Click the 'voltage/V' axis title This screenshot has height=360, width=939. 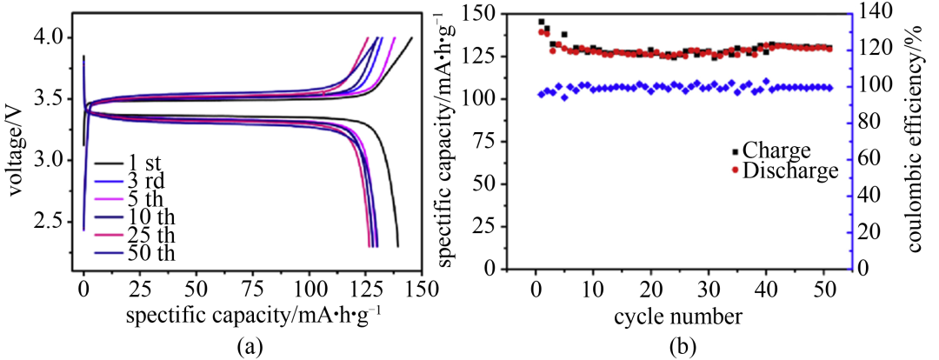15,143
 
